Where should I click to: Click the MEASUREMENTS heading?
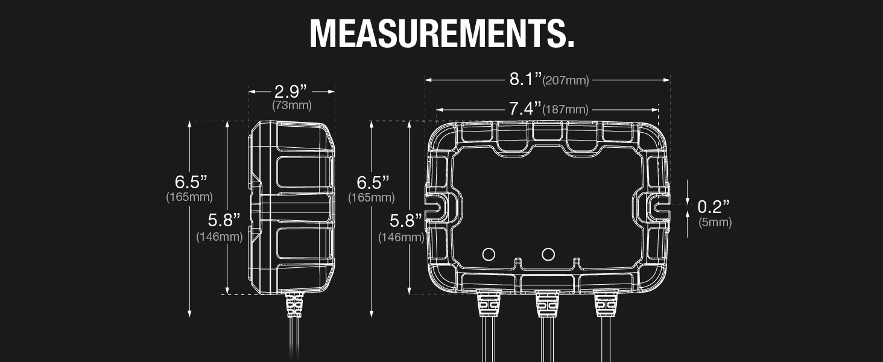click(x=442, y=34)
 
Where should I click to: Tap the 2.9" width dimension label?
click(x=291, y=92)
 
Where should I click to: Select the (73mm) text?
click(x=292, y=106)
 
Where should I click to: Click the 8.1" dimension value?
click(x=526, y=79)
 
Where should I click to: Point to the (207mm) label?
click(x=566, y=80)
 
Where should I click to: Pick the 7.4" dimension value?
click(x=525, y=109)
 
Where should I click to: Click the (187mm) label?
click(x=565, y=110)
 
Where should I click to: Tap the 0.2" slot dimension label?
click(x=714, y=206)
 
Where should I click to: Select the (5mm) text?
click(x=715, y=222)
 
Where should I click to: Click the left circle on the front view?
click(x=489, y=255)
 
